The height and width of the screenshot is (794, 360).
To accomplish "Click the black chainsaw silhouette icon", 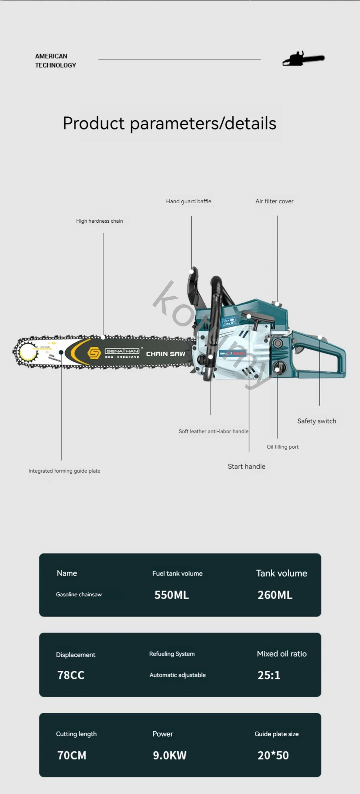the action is [x=304, y=59].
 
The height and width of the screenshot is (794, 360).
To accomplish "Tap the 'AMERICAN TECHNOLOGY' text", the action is [x=55, y=61].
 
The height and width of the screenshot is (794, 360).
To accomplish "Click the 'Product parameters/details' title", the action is [x=169, y=123].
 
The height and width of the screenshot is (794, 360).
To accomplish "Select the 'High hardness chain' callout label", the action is [x=100, y=221].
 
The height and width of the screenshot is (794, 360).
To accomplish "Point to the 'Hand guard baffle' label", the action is [x=188, y=201].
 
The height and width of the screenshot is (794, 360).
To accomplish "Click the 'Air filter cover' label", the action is [x=274, y=201].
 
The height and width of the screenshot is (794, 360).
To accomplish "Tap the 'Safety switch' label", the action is [x=317, y=421].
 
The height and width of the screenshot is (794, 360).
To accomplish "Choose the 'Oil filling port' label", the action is [x=282, y=447].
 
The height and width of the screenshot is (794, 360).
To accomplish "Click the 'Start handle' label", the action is [x=246, y=467].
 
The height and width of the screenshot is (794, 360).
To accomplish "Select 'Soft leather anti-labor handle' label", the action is [x=213, y=431].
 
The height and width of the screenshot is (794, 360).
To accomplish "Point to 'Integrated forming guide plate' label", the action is [x=64, y=471].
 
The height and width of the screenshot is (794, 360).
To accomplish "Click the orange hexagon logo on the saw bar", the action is [x=94, y=353].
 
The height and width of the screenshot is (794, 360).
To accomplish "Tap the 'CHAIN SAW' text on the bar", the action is [x=166, y=354].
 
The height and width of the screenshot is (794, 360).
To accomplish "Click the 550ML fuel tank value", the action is [x=172, y=595].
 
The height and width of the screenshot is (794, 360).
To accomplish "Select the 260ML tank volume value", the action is [x=275, y=595].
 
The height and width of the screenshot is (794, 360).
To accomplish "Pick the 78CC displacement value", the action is [x=71, y=675].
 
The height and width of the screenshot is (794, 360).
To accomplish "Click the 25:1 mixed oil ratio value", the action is [x=269, y=675].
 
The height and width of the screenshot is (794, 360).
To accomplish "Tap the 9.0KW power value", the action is [x=169, y=755].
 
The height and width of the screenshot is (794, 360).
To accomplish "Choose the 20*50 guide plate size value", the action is [x=273, y=755].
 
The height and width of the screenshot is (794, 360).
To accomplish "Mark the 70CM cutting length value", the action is [x=72, y=755].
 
